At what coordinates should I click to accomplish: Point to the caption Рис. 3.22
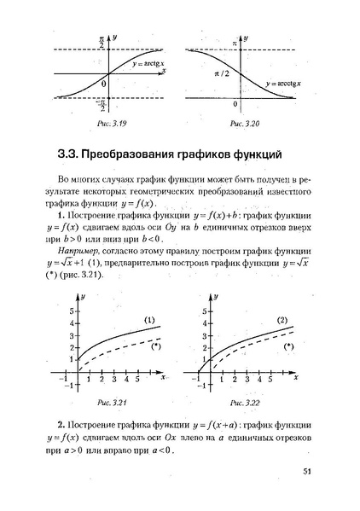click(244, 400)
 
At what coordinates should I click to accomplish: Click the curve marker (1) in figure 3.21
click(149, 322)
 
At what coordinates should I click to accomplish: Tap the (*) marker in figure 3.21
click(155, 346)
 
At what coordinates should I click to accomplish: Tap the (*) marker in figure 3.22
click(288, 347)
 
